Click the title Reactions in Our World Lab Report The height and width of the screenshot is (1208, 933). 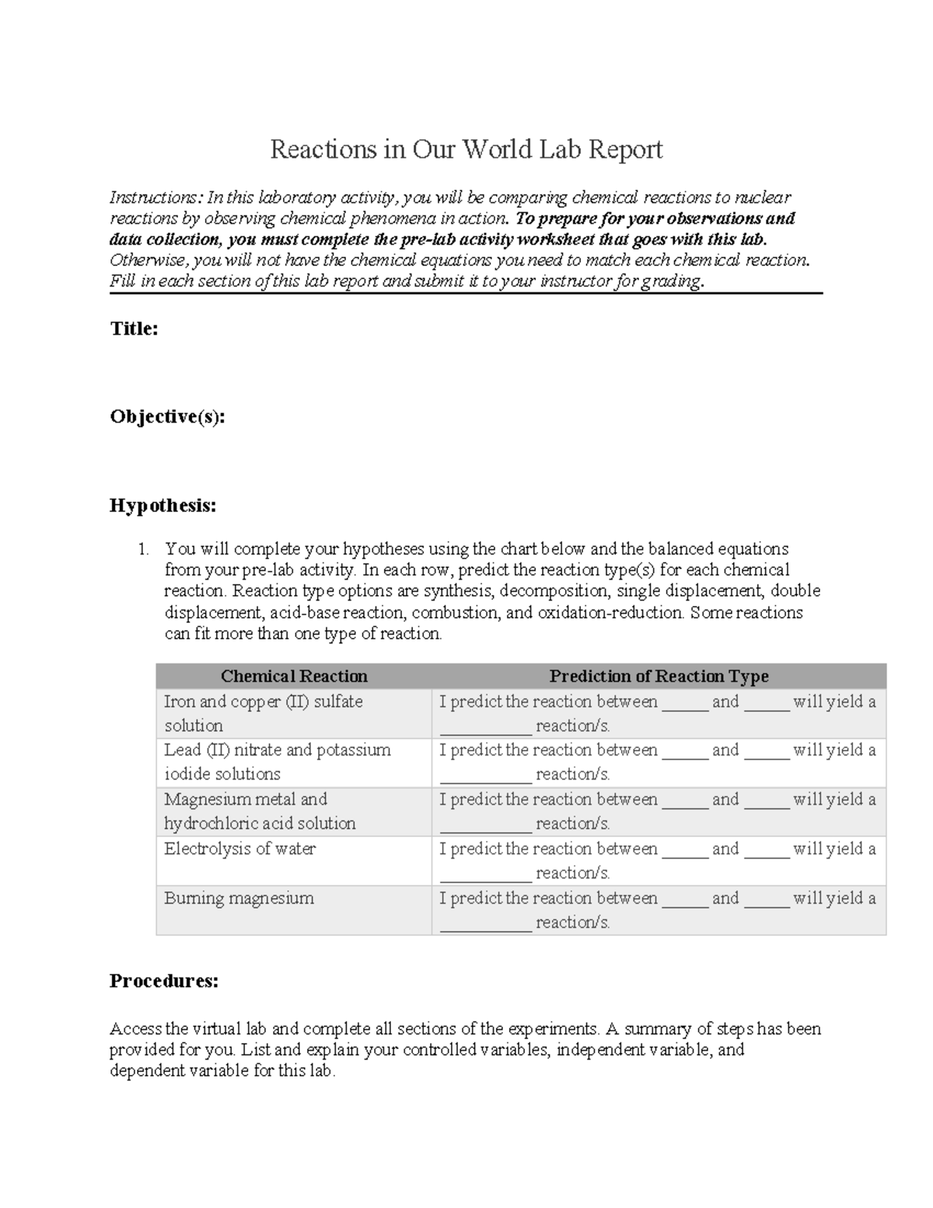466,149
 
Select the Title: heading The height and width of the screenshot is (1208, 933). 134,329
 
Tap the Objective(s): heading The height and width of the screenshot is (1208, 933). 167,417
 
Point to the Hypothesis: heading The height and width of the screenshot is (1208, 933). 162,506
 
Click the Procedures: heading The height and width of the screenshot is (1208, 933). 163,981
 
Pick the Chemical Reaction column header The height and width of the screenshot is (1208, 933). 294,676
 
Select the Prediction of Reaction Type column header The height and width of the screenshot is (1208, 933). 659,676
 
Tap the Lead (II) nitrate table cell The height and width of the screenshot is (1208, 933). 277,762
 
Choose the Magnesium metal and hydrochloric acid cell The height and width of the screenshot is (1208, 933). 260,811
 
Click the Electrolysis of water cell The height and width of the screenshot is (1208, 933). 239,849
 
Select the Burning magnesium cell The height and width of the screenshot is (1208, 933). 239,898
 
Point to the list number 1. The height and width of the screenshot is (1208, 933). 142,550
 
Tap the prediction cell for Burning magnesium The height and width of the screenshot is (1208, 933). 658,910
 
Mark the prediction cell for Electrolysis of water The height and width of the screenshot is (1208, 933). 658,860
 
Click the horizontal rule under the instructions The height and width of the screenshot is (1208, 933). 466,293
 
